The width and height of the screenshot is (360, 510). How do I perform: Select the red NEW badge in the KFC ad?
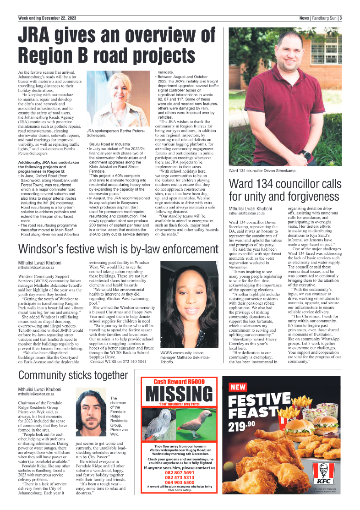(x=239, y=387)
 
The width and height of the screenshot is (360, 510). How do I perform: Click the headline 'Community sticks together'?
(x=73, y=375)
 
